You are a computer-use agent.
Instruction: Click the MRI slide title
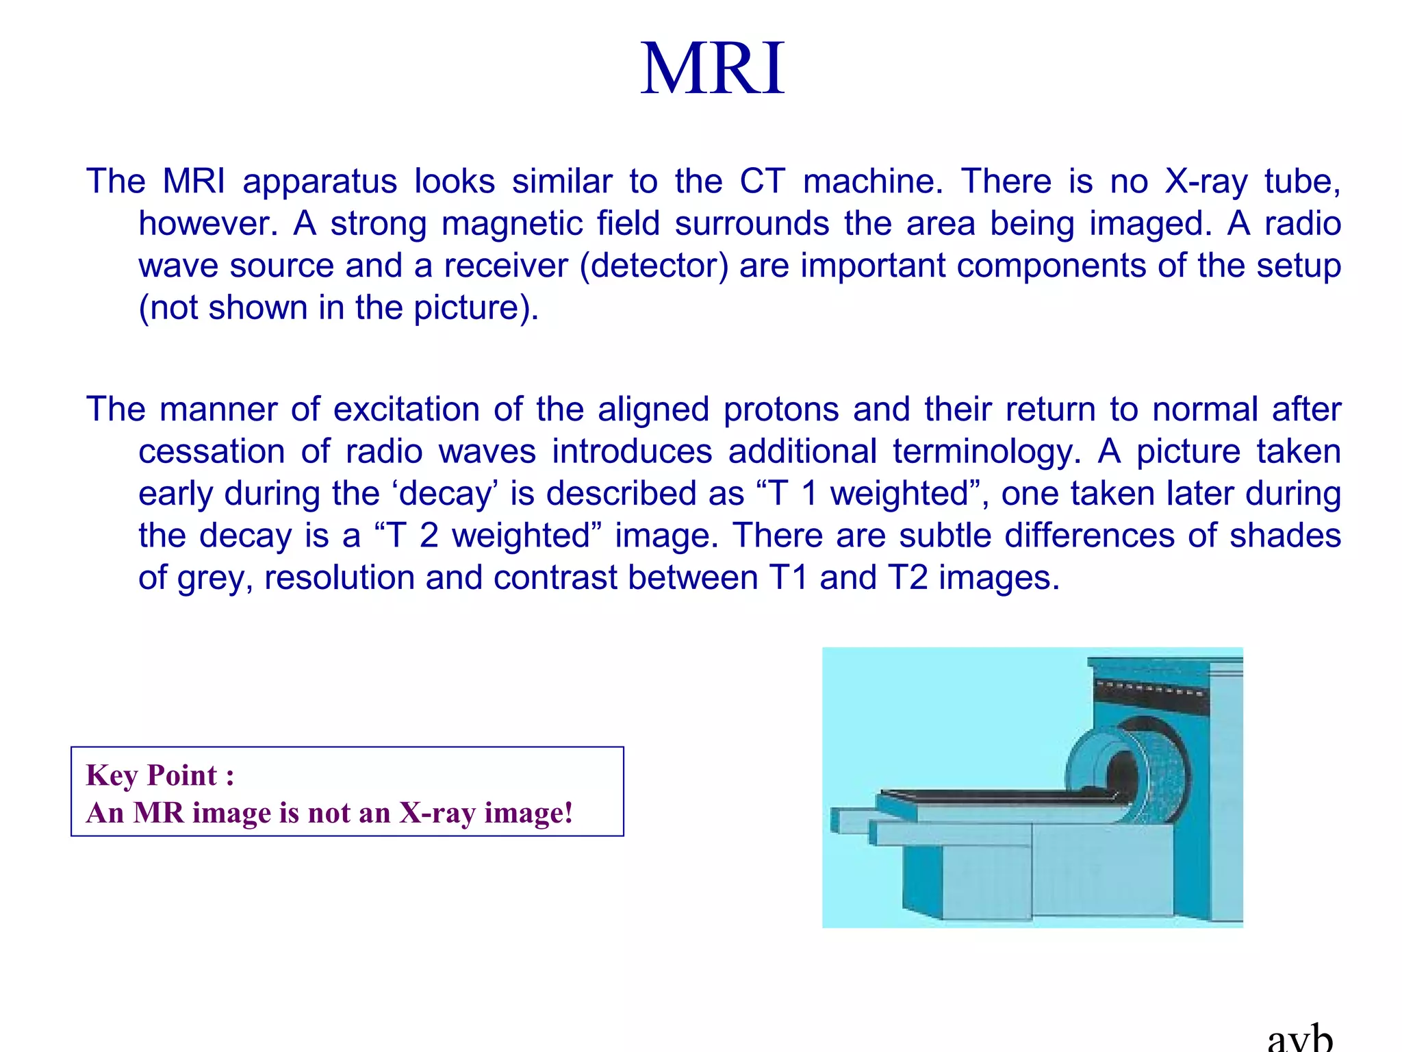pos(712,68)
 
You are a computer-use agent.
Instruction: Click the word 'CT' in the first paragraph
pos(761,181)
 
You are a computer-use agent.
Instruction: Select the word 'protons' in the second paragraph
pos(781,410)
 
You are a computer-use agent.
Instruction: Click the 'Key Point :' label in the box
pos(160,775)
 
